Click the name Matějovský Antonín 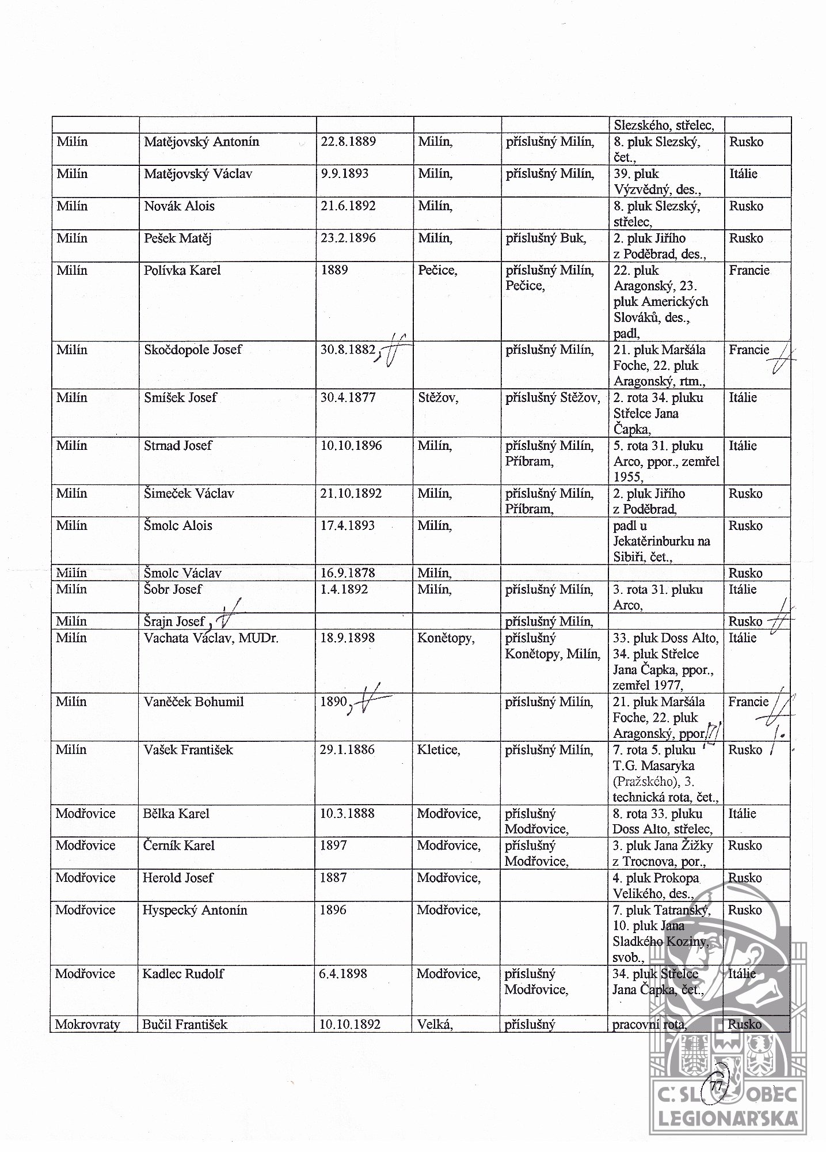201,142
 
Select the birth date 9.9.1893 344,174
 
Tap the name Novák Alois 179,206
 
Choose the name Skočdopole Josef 193,350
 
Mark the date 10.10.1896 351,446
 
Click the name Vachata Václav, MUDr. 211,638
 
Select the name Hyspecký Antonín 195,910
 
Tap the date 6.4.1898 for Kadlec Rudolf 344,974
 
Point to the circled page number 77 717,1086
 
